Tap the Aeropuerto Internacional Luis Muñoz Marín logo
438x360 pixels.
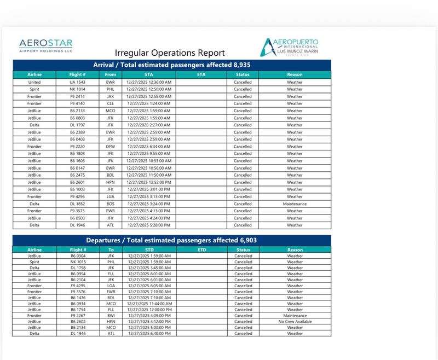click(x=290, y=47)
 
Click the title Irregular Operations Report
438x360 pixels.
click(x=170, y=53)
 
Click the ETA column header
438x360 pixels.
click(x=200, y=74)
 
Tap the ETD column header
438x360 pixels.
click(x=200, y=249)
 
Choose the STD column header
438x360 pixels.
click(x=149, y=249)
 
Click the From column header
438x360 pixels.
click(x=110, y=74)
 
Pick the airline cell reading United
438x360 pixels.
click(x=34, y=82)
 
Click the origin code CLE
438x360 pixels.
click(x=110, y=103)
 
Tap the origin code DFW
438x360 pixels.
click(x=110, y=147)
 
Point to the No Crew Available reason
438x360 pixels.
click(x=295, y=322)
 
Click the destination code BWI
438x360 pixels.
click(x=110, y=316)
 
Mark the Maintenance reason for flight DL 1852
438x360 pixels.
click(x=295, y=204)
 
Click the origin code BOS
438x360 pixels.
click(x=110, y=204)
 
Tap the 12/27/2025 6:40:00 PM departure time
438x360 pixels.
click(x=149, y=333)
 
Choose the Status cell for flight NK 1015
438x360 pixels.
click(x=243, y=262)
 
